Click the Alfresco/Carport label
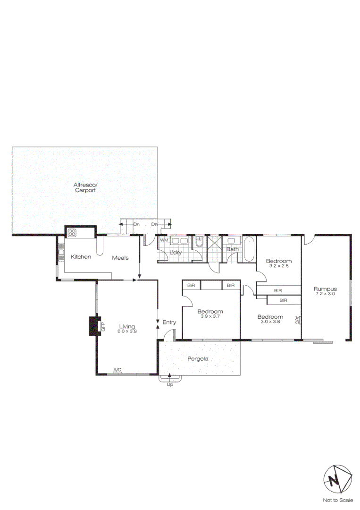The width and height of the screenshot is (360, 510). click(x=85, y=187)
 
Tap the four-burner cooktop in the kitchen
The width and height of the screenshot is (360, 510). click(x=73, y=232)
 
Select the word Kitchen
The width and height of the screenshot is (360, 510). click(x=81, y=257)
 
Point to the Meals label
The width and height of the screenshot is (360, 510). click(x=120, y=258)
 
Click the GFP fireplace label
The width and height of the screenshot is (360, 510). click(x=102, y=325)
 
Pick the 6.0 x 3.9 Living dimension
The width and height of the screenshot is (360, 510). click(x=127, y=331)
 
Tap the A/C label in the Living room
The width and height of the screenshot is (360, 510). click(x=117, y=370)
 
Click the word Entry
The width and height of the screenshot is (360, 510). click(x=169, y=323)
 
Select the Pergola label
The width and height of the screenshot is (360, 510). click(x=198, y=359)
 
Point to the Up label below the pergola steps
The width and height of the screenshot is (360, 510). click(x=170, y=385)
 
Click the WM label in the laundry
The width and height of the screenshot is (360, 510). click(x=164, y=240)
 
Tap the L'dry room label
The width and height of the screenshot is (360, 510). click(x=176, y=253)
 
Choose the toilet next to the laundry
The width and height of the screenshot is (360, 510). click(x=199, y=242)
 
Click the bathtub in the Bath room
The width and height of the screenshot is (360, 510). click(x=249, y=250)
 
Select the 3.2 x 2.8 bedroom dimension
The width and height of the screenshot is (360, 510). click(x=278, y=266)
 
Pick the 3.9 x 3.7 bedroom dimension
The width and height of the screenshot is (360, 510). click(x=210, y=316)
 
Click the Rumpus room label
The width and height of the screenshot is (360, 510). click(x=325, y=289)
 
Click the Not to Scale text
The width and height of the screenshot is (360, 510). click(x=337, y=500)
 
